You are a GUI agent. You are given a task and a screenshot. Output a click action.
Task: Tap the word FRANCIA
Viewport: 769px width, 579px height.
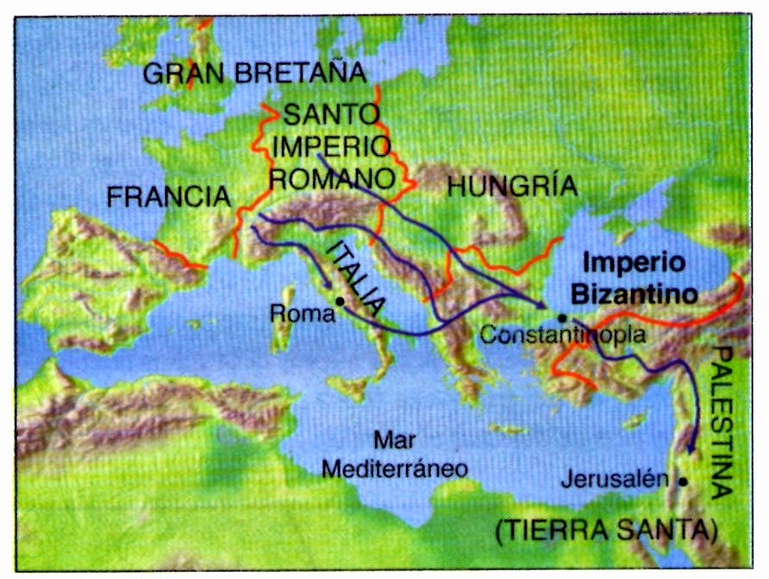pyautogui.click(x=168, y=197)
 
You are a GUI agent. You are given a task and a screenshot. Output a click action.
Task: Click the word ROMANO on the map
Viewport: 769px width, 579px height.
pyautogui.click(x=333, y=179)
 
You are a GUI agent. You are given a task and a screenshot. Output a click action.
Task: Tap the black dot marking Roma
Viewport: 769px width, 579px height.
pyautogui.click(x=341, y=302)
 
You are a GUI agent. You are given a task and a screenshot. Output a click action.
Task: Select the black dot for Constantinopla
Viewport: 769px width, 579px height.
pyautogui.click(x=562, y=318)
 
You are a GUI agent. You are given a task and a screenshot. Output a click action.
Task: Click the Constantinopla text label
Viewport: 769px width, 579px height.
pyautogui.click(x=561, y=336)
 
